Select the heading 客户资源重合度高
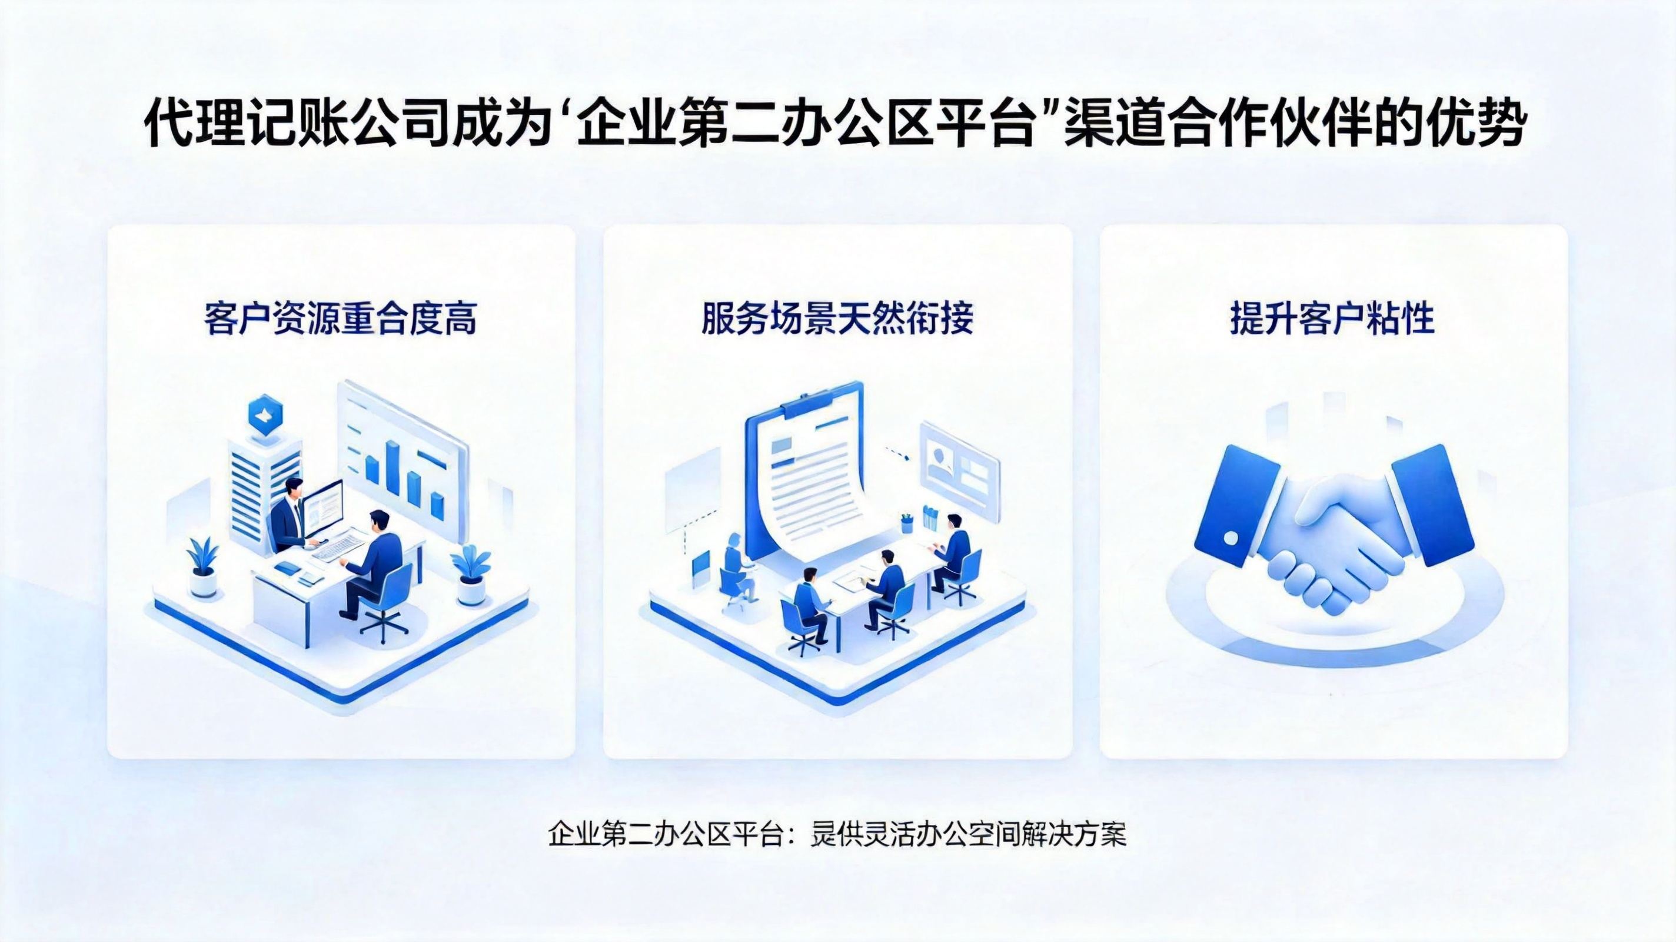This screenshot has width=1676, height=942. (x=340, y=319)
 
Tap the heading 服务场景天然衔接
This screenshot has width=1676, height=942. (x=837, y=319)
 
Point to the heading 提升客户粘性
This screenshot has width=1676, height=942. (x=1332, y=319)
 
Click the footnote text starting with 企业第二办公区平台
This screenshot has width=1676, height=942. (x=837, y=835)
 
